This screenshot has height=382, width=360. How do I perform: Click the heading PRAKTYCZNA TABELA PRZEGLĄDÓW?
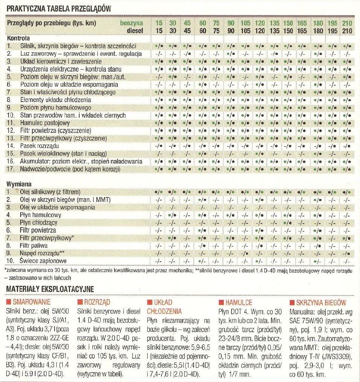(x=59, y=9)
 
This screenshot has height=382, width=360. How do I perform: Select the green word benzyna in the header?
(x=131, y=23)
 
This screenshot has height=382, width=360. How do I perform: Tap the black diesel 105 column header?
(x=245, y=31)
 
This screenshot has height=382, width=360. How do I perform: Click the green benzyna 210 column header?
(x=347, y=23)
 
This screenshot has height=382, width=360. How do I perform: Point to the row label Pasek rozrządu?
(x=39, y=146)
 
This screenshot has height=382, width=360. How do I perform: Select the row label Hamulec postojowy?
(x=45, y=123)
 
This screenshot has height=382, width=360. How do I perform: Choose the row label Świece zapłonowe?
(x=43, y=261)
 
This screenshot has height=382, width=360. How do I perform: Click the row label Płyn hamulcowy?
(x=41, y=215)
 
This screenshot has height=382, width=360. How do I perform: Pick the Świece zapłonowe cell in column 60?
(x=202, y=261)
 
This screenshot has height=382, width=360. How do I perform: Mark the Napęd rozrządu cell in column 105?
(x=245, y=253)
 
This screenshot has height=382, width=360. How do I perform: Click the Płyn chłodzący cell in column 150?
(x=288, y=223)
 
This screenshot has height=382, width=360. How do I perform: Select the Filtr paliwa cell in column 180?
(x=318, y=246)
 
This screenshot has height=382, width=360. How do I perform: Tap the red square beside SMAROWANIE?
(x=9, y=302)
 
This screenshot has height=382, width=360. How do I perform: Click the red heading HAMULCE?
(x=238, y=303)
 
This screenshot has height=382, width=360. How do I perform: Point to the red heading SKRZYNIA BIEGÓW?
(x=321, y=303)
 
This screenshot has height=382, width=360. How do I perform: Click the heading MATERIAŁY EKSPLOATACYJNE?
(x=50, y=289)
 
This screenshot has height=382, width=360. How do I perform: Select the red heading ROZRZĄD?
(x=97, y=302)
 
